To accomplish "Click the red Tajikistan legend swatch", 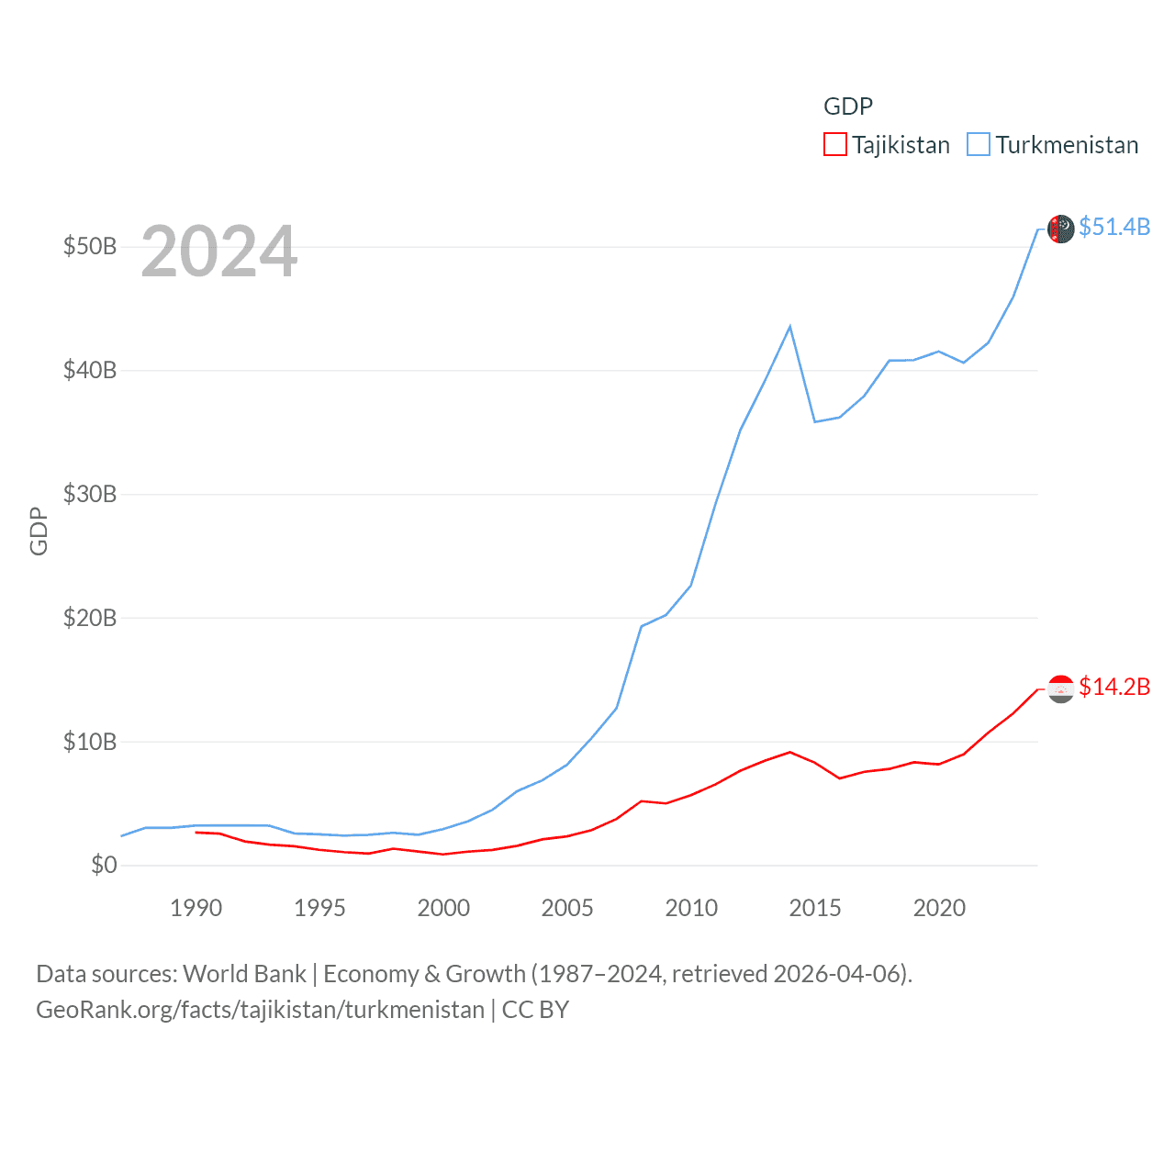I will [834, 145].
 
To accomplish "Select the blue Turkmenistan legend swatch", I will [979, 145].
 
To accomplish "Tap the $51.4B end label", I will [1114, 227].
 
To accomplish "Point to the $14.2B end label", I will [1114, 687].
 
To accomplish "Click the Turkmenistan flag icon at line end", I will [1061, 229].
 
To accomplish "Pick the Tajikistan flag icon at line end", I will [1061, 688].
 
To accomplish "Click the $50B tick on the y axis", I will [90, 247].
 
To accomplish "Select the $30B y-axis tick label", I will [90, 494].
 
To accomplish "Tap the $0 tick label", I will [104, 865].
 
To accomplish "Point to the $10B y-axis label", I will [90, 742].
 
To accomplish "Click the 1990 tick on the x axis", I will [196, 908].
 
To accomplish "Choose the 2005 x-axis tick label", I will [567, 908].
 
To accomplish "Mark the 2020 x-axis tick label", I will [939, 908].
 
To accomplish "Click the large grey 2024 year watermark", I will [219, 252].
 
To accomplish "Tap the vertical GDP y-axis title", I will [39, 531].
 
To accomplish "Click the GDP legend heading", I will [848, 106].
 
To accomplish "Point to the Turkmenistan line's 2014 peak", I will [789, 327].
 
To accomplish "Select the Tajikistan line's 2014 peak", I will [789, 752].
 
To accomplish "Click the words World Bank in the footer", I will [245, 973].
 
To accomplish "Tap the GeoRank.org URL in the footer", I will [260, 1010].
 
